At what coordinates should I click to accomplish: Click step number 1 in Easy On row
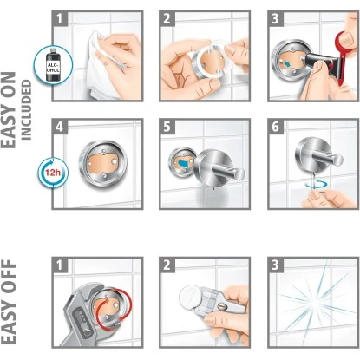pos(59,17)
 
